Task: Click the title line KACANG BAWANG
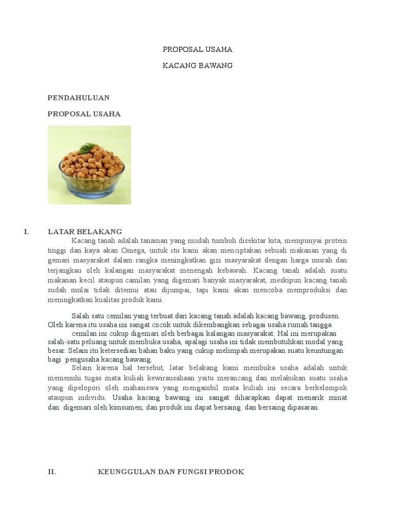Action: [x=197, y=65]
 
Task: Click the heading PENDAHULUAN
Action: [x=79, y=97]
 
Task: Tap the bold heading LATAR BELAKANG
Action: [x=85, y=231]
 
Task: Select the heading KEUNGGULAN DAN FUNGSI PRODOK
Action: [x=171, y=472]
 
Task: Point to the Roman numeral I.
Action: [x=26, y=231]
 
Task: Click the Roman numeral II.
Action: [x=51, y=472]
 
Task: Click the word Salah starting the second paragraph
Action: [x=80, y=316]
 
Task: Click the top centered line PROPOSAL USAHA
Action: [x=197, y=50]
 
